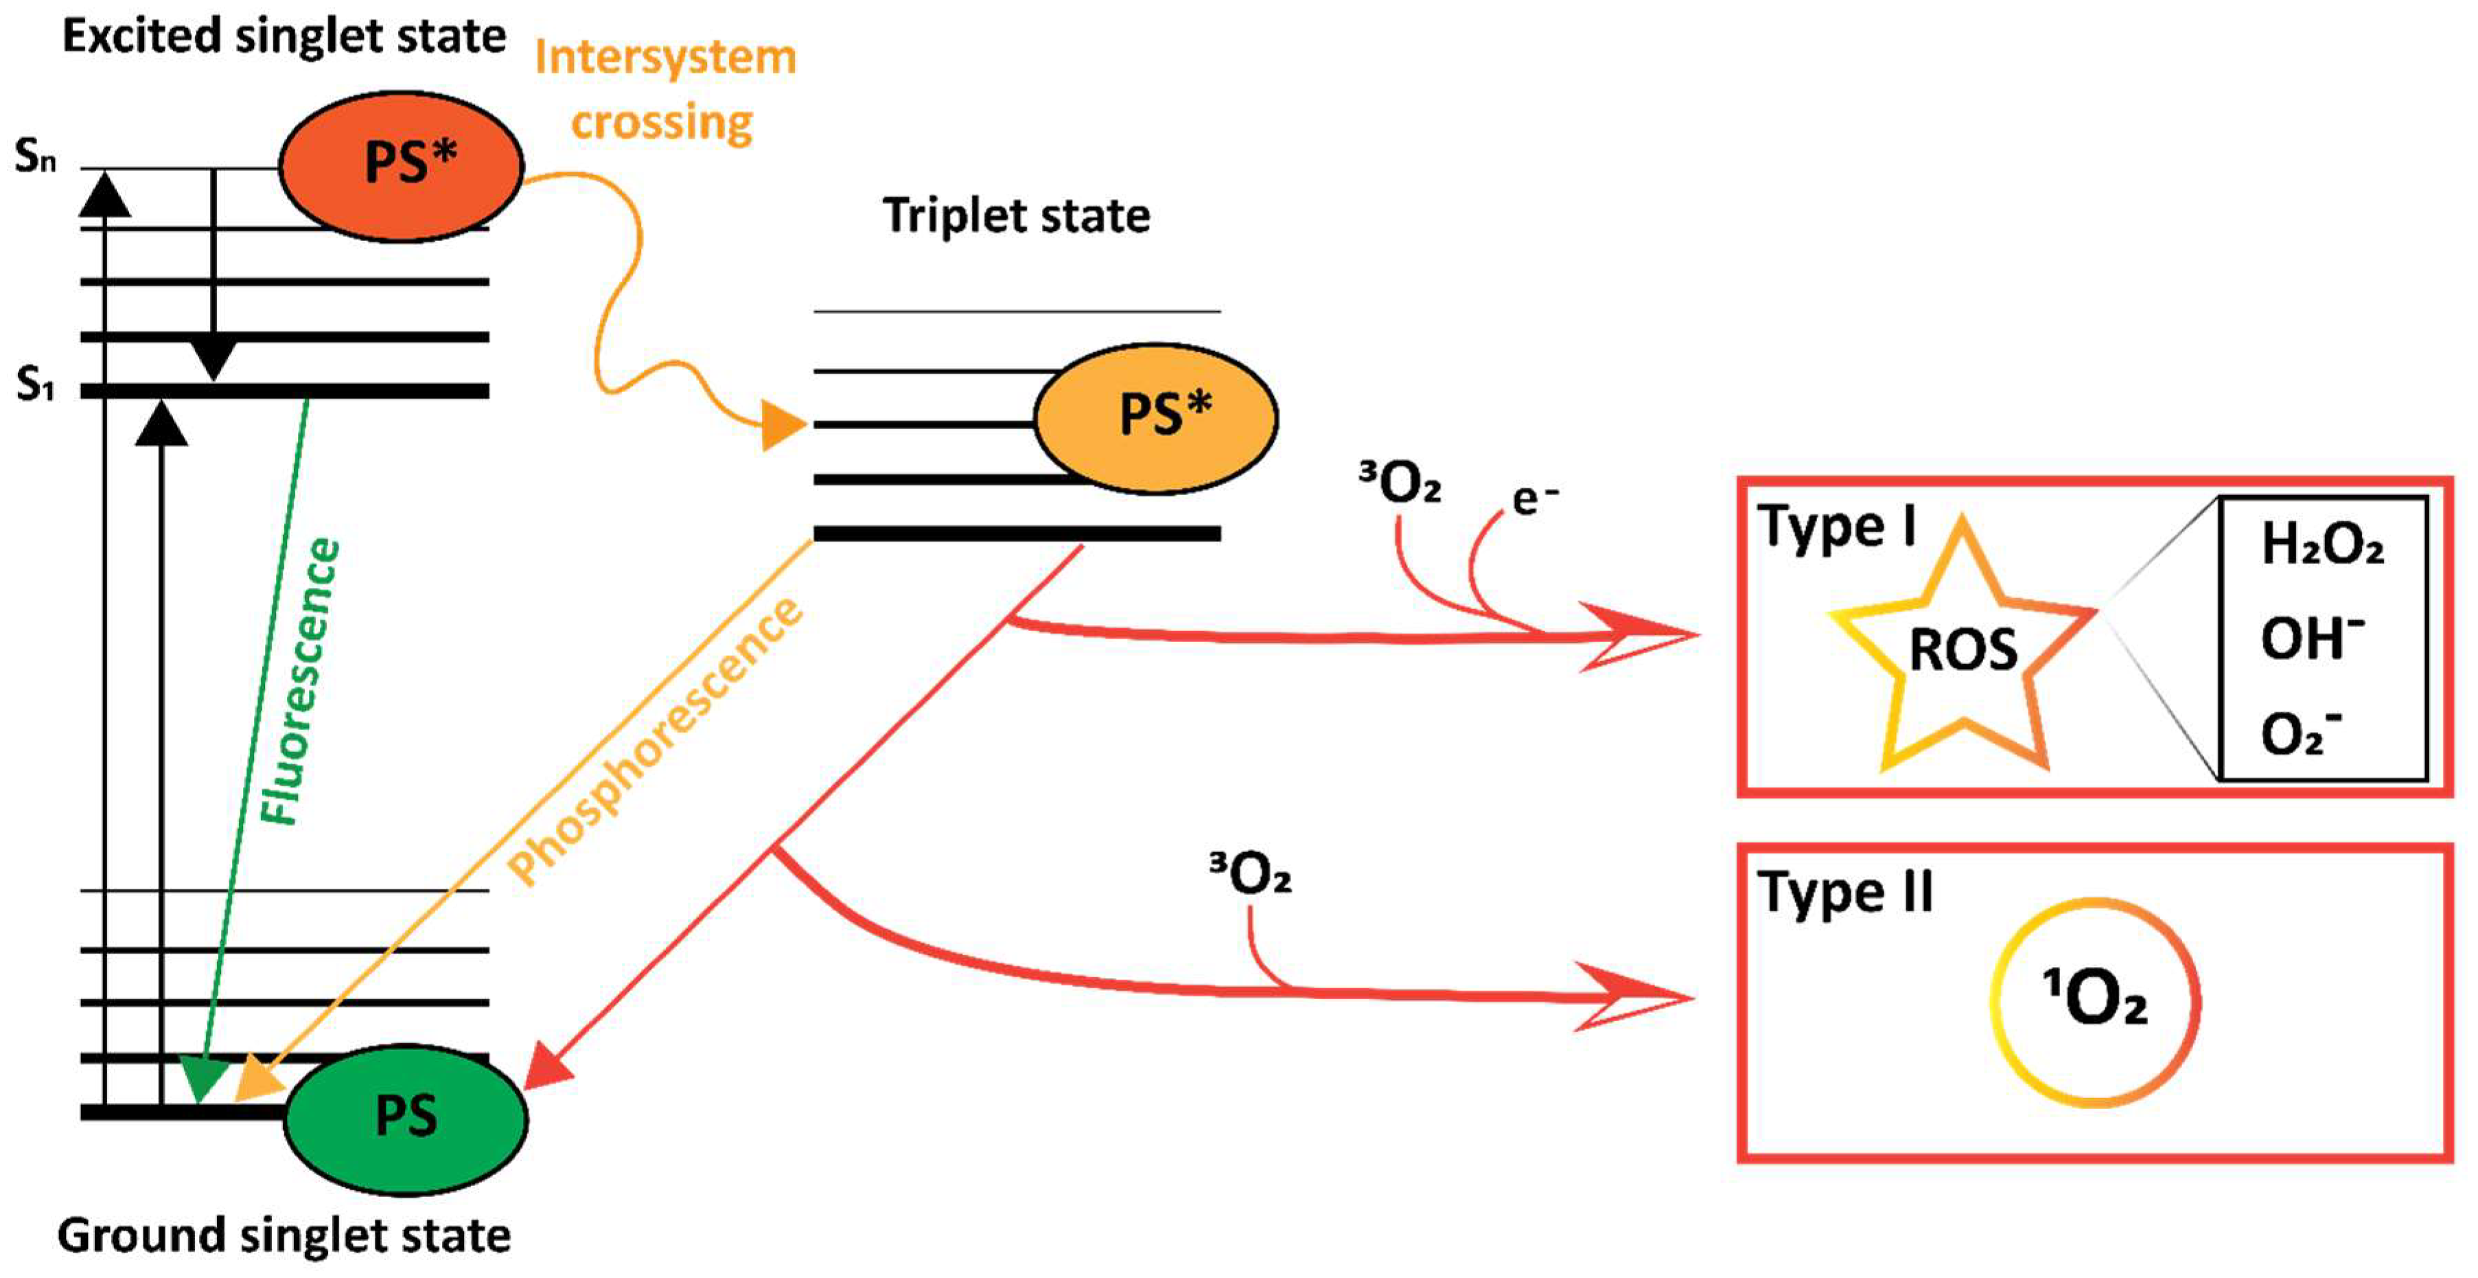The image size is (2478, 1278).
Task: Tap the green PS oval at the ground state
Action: [x=405, y=1118]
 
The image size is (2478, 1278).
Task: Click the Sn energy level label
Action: [x=36, y=156]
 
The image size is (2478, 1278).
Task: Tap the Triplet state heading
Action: [x=1016, y=216]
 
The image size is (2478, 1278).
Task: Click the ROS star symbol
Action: [x=1962, y=650]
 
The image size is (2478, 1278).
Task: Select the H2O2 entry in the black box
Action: [x=2321, y=545]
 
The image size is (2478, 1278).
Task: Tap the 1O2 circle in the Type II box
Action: [x=2094, y=1001]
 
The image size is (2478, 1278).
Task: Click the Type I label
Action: [x=1836, y=527]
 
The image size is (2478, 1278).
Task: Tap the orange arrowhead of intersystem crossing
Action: [x=782, y=424]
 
